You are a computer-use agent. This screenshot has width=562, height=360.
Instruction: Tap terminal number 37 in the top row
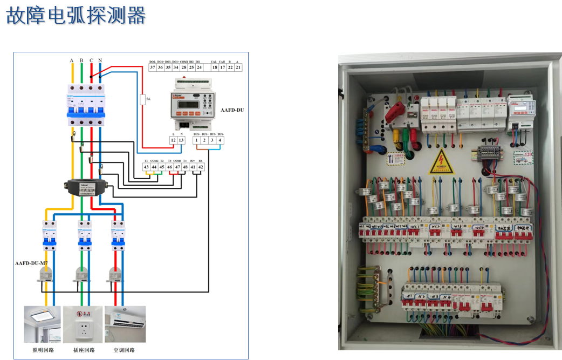[153, 67]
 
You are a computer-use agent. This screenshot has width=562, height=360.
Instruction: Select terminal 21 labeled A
[238, 67]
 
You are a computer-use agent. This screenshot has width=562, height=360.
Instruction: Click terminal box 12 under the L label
[173, 140]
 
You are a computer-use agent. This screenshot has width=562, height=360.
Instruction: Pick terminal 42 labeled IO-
[201, 167]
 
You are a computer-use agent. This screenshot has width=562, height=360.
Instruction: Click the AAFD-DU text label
[232, 110]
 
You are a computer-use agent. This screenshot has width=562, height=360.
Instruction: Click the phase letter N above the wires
[100, 60]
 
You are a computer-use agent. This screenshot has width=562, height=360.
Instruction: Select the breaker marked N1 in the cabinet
[410, 296]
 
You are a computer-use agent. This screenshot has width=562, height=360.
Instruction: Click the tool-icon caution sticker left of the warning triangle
[395, 159]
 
